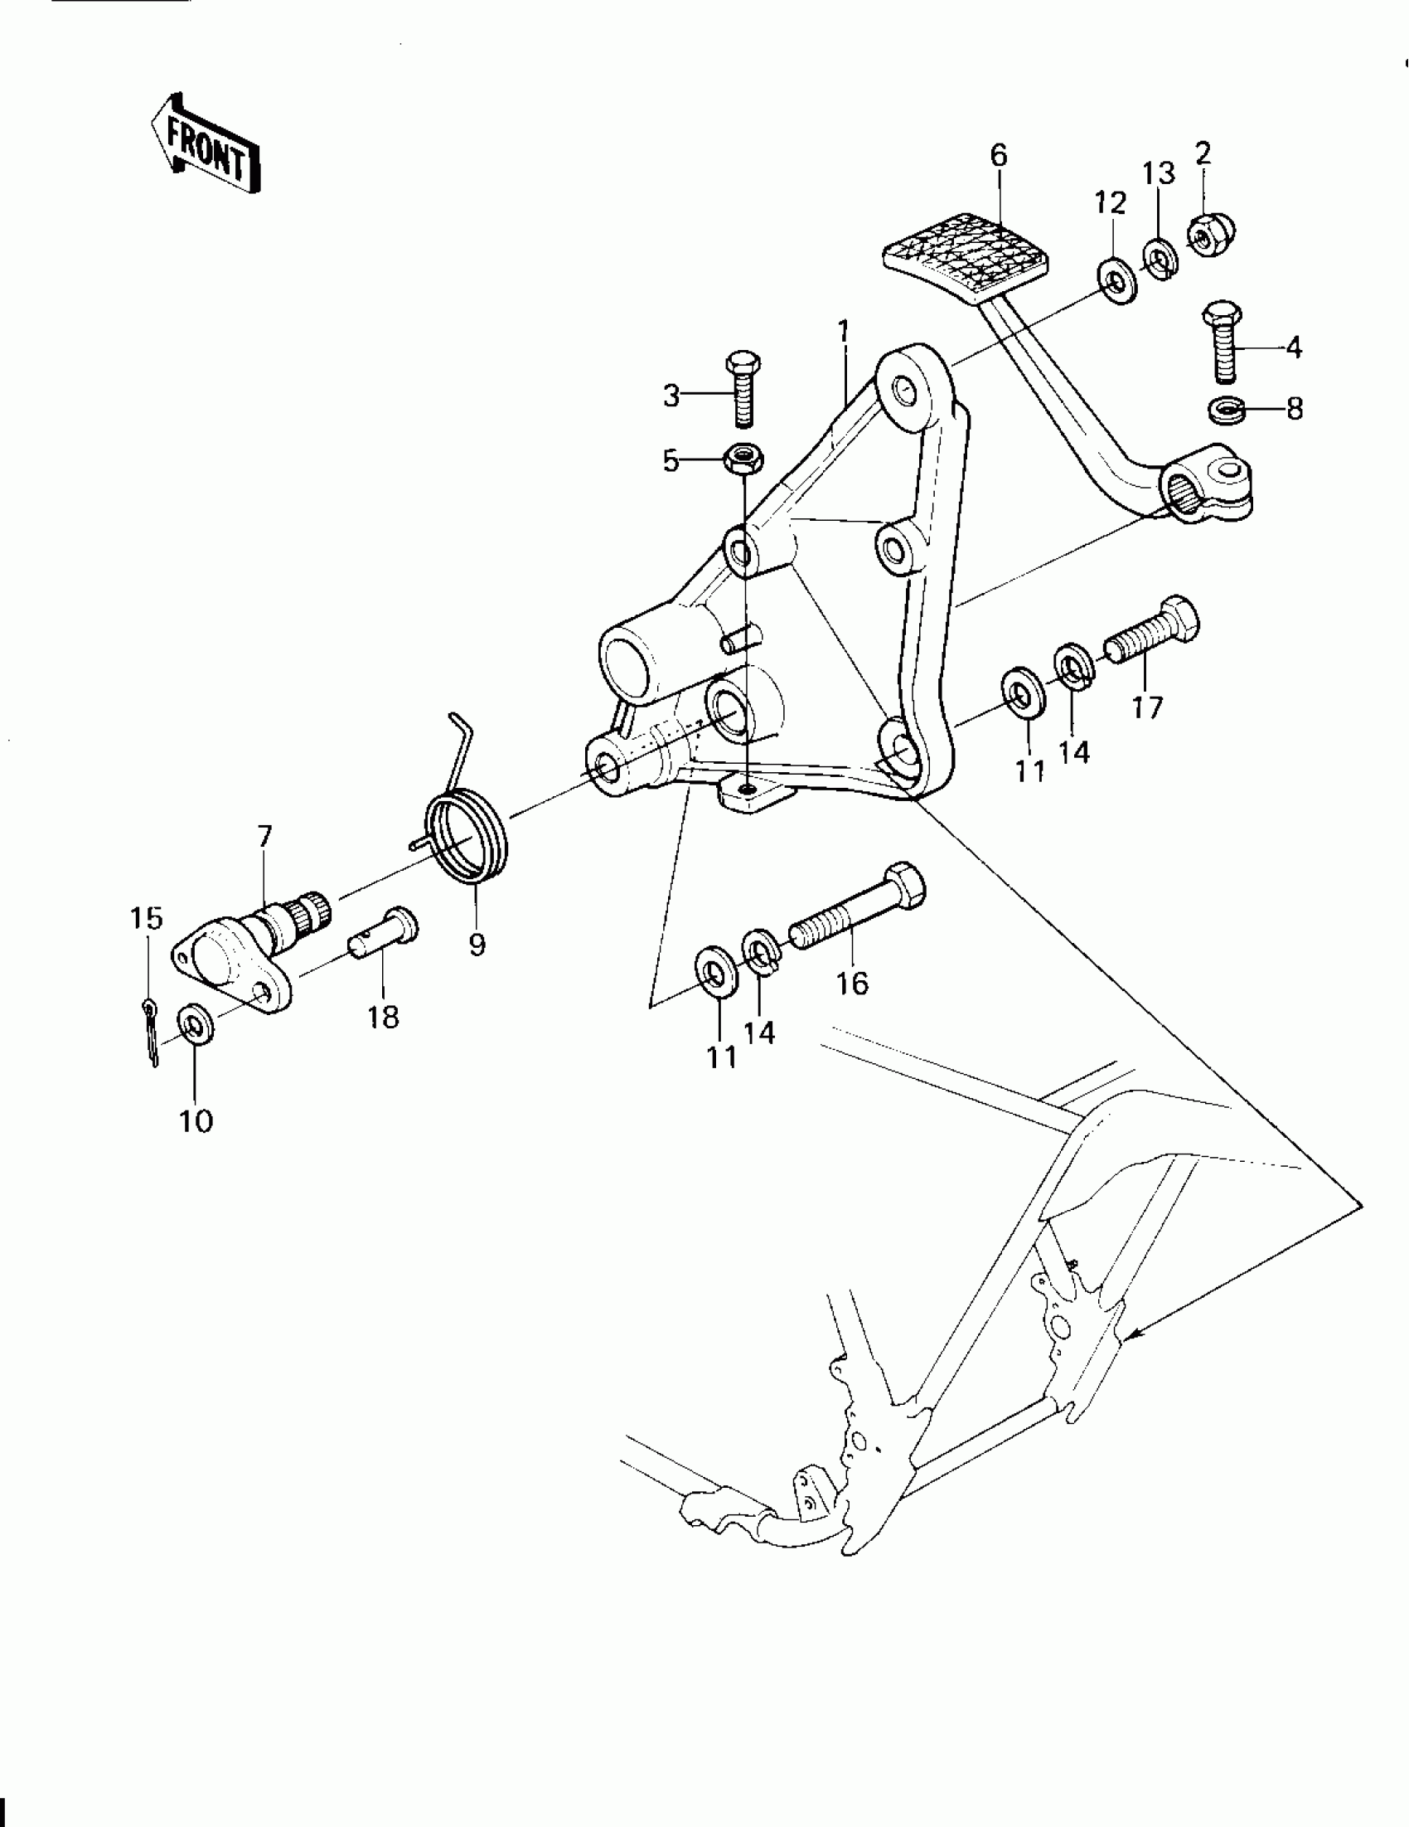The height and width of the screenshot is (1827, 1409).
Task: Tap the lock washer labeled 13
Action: coord(1160,260)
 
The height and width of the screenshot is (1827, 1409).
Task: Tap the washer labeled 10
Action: coord(195,1028)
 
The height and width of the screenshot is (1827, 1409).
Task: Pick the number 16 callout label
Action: coord(853,983)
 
